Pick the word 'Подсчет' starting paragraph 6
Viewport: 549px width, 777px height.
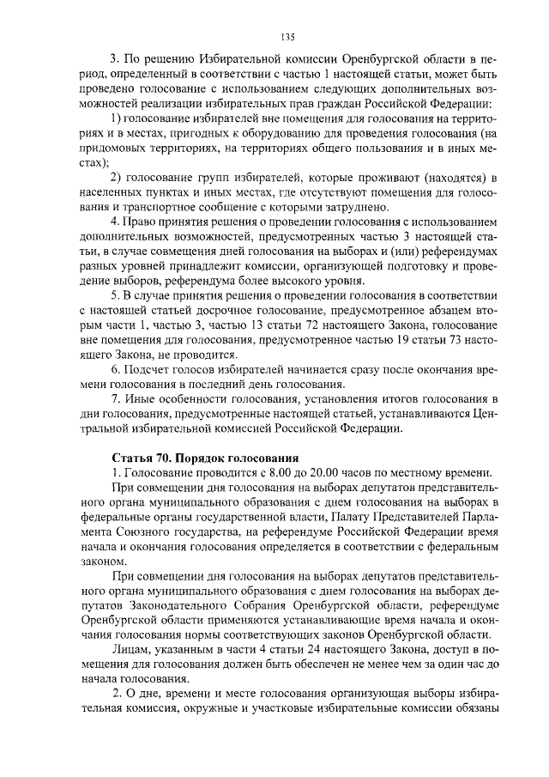[154, 368]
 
